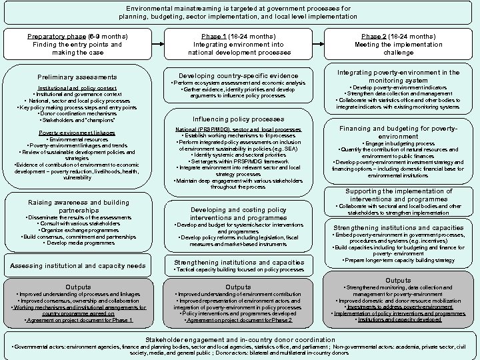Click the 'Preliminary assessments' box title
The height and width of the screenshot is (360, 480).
click(x=77, y=78)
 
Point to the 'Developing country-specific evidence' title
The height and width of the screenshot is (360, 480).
click(x=239, y=75)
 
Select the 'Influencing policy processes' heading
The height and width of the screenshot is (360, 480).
click(x=238, y=119)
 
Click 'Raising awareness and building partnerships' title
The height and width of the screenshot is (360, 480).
click(x=79, y=206)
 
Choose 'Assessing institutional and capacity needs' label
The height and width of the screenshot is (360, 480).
click(x=79, y=266)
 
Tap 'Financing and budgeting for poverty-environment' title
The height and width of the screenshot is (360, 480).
click(x=398, y=132)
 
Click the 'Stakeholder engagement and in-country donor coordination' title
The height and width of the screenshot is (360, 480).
click(x=240, y=339)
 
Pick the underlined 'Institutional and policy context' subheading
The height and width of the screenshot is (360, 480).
click(x=77, y=88)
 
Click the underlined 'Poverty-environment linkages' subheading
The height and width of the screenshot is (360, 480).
click(x=77, y=133)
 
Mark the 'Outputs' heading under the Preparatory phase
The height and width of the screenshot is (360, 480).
click(x=79, y=287)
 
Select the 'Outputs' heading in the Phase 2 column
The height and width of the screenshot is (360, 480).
click(x=398, y=281)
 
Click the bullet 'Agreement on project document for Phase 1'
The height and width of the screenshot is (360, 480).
click(x=79, y=321)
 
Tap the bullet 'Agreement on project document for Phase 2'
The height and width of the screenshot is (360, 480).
click(x=239, y=321)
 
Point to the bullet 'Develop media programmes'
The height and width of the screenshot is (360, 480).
click(x=79, y=243)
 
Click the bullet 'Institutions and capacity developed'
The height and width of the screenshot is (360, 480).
click(x=399, y=320)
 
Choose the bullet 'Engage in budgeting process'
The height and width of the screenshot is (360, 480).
click(x=398, y=144)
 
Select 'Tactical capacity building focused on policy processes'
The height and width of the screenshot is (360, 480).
click(x=238, y=270)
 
